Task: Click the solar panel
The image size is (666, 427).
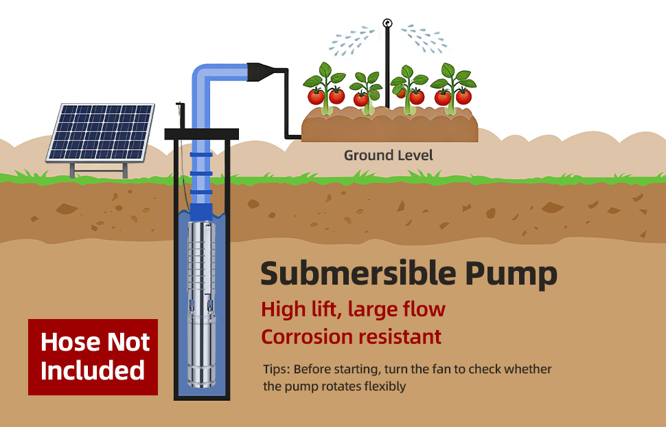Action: (x=100, y=133)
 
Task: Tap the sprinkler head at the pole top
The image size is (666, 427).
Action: (x=387, y=23)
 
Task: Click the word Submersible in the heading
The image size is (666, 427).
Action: (x=358, y=274)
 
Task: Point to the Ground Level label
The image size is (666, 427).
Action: (x=388, y=155)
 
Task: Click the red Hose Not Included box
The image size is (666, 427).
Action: (x=93, y=358)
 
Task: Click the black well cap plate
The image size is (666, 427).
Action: (x=201, y=134)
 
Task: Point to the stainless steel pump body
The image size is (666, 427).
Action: (x=201, y=304)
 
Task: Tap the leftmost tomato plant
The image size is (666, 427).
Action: (x=325, y=89)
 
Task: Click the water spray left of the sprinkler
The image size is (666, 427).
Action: (x=352, y=41)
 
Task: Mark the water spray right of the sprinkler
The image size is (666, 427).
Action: (x=424, y=39)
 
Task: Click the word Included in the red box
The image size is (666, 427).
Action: (x=93, y=370)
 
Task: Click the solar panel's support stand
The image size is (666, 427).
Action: (x=99, y=170)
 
